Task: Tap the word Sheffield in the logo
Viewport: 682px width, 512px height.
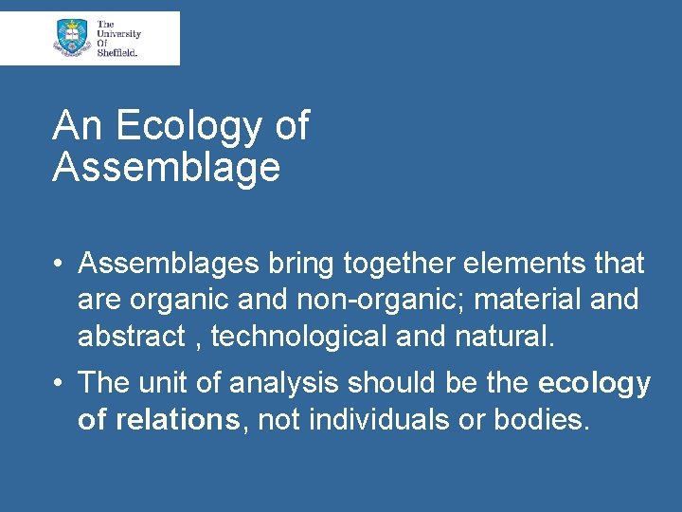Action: (117, 53)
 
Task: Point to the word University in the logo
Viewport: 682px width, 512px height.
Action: (118, 33)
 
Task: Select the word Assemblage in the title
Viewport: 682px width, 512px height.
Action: (167, 167)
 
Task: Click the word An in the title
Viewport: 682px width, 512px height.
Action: (77, 126)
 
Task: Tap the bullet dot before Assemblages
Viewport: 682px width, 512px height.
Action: (59, 263)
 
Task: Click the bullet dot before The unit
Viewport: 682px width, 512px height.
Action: (59, 384)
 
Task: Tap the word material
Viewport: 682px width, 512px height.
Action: (527, 300)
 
